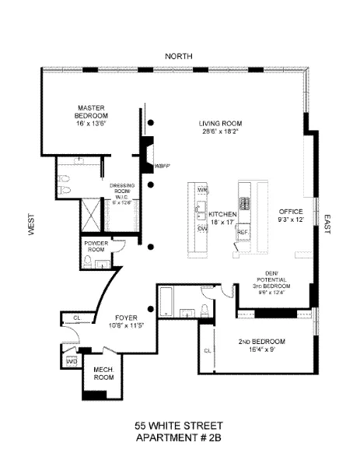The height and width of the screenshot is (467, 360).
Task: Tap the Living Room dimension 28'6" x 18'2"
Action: [220, 132]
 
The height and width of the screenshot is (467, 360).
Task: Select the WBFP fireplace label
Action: [163, 166]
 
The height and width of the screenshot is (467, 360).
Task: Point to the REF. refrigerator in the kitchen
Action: [243, 232]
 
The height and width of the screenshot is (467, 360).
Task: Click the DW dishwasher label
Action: [202, 230]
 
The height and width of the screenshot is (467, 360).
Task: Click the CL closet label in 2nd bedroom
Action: [207, 350]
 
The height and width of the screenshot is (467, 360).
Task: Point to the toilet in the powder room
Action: [91, 265]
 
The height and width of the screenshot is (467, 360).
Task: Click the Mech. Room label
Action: [103, 373]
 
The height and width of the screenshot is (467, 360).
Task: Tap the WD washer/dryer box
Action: [72, 362]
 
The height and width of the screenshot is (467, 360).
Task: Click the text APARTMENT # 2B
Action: [179, 438]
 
